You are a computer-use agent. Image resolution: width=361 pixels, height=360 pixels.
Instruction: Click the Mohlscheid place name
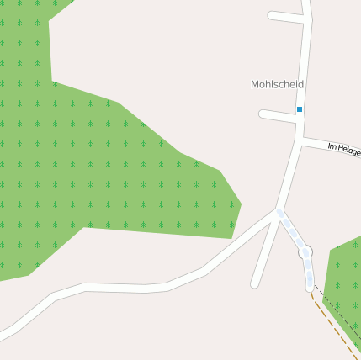click(x=277, y=85)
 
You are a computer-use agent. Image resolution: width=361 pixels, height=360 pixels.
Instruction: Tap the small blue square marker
click(x=299, y=109)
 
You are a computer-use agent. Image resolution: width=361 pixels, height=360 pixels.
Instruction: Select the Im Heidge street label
click(x=344, y=150)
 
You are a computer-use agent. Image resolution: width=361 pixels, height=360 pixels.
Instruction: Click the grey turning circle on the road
click(x=306, y=251)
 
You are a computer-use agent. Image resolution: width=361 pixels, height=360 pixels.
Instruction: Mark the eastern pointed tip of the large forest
click(x=242, y=203)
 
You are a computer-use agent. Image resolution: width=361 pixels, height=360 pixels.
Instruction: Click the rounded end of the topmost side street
click(x=272, y=15)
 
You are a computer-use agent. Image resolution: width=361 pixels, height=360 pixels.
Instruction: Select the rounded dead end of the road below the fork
click(x=255, y=283)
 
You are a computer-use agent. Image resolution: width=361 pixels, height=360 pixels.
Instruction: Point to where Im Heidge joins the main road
click(x=300, y=138)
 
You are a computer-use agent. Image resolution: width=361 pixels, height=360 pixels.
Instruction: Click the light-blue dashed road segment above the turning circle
click(x=292, y=230)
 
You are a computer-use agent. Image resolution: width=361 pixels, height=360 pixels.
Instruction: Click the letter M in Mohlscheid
click(x=255, y=85)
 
